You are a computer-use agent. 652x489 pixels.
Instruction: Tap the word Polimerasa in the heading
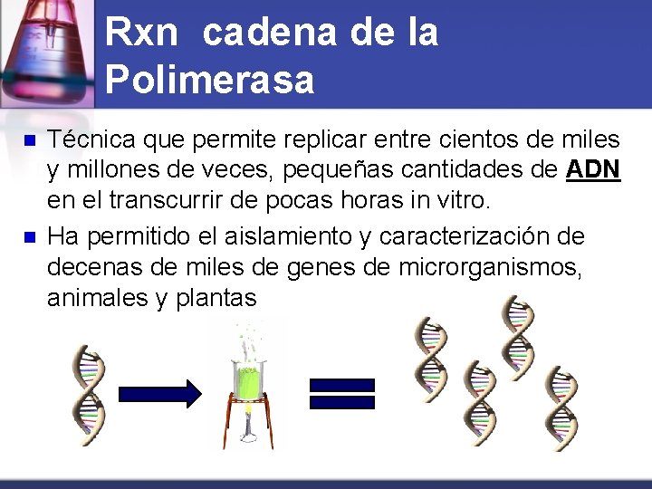point(209,80)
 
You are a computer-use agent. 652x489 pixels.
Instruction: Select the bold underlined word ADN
point(593,168)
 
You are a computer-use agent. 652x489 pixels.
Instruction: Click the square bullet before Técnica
point(28,141)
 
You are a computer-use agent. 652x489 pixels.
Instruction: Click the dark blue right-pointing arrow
point(159,394)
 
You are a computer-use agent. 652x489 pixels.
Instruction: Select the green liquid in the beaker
point(244,380)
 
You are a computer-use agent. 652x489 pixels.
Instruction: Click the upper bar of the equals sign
point(341,384)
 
